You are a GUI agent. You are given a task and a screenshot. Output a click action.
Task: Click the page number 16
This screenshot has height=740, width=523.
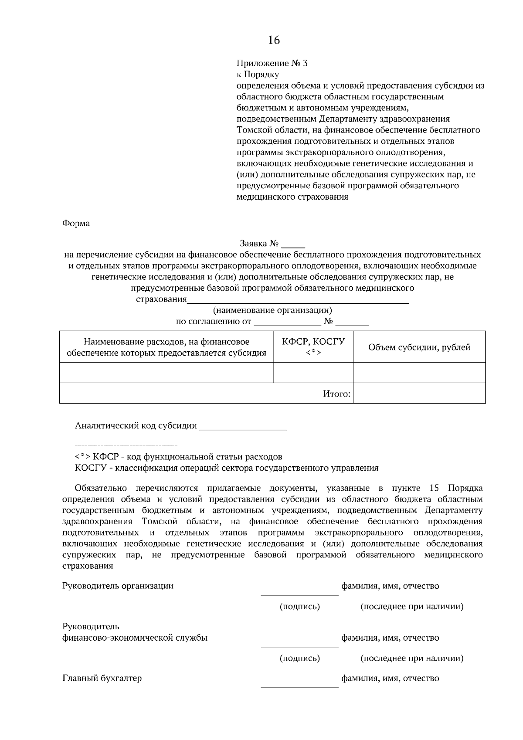tap(274, 41)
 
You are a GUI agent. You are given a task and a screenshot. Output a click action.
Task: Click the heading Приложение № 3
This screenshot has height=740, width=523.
tap(272, 63)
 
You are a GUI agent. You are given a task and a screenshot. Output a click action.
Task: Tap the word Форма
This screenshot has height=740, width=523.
tap(76, 224)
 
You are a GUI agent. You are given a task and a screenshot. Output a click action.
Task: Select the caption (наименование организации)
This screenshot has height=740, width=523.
tap(272, 311)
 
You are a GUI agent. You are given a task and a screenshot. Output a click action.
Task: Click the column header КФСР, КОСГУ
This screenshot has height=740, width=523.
tap(313, 342)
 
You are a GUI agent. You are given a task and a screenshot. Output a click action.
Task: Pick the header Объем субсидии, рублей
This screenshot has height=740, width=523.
tap(419, 347)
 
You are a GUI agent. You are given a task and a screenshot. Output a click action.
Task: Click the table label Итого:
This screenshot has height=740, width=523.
tap(336, 394)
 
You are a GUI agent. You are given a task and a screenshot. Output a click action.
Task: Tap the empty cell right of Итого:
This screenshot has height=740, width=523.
tap(419, 393)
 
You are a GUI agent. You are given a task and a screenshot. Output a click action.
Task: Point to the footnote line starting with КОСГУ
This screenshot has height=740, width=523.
tap(227, 468)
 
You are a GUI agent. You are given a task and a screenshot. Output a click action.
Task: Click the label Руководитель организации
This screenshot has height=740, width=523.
tap(118, 586)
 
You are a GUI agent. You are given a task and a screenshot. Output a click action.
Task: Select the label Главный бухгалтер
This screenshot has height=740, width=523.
tap(102, 679)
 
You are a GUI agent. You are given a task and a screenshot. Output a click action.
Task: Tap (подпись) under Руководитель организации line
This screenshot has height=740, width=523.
tap(299, 606)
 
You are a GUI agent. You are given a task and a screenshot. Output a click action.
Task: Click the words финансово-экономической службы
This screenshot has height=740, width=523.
tap(135, 638)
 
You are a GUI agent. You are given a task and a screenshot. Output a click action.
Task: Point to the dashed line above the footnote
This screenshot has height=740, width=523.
tap(126, 446)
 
